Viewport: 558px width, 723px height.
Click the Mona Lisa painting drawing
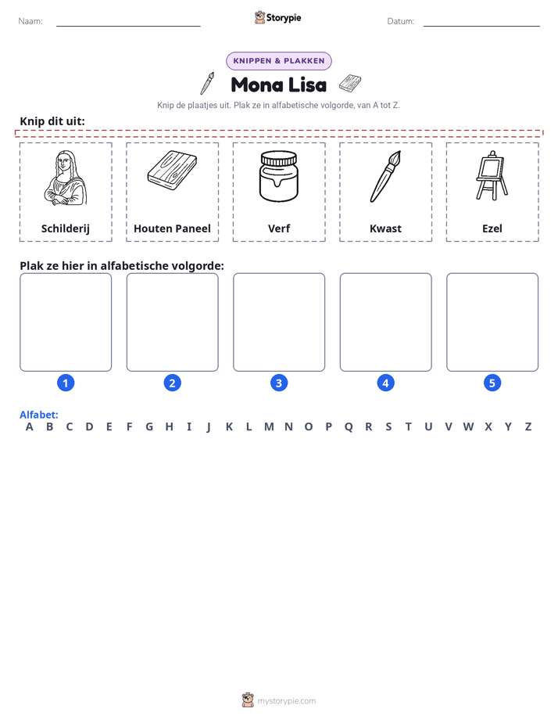pos(66,178)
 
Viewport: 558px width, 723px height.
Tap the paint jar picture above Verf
pos(278,176)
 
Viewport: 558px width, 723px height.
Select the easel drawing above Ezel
pos(492,176)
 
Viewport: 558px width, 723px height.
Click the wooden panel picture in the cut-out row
pos(172,170)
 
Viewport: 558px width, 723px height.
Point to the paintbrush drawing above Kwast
pos(385,176)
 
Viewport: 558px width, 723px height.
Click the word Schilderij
pos(66,228)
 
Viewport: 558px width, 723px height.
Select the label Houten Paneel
pos(172,228)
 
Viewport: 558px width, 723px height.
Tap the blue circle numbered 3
pos(279,383)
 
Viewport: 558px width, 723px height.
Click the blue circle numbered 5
pos(492,383)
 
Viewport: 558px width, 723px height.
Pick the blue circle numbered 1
pos(66,383)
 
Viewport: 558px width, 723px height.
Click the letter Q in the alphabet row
pos(349,427)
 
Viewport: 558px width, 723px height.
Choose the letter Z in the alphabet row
pos(528,427)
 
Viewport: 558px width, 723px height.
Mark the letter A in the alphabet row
pos(30,427)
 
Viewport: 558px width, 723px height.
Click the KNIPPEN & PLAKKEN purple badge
pos(279,61)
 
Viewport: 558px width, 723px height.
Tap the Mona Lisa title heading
pos(279,85)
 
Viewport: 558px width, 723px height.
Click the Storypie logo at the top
pos(278,17)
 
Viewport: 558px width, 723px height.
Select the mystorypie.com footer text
pos(286,701)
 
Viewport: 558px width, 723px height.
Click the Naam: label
pos(30,21)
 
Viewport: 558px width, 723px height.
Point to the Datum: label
pos(401,21)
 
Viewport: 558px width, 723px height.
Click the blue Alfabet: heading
pos(38,415)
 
